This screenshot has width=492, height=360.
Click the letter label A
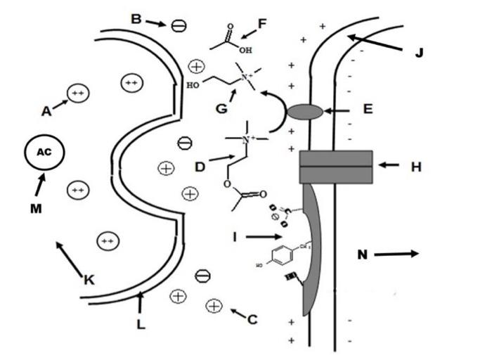[46, 110]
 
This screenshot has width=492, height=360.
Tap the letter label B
[136, 19]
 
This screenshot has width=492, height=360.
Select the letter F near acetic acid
[263, 23]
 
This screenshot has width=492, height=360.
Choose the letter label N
[363, 255]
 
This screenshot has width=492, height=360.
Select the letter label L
[141, 324]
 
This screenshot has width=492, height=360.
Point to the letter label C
[252, 319]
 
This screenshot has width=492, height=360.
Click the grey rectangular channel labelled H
[336, 167]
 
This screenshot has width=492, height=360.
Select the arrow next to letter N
[396, 254]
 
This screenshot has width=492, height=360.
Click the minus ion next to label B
[179, 25]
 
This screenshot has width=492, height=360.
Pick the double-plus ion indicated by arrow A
[78, 93]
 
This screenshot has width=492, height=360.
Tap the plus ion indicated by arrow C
[214, 306]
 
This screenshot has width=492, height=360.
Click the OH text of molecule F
[245, 51]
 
